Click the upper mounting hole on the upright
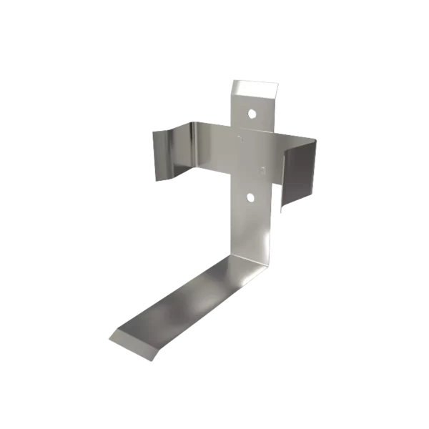coord(252,113)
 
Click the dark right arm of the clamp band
coord(299,172)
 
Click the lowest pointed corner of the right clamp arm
coord(281,212)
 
